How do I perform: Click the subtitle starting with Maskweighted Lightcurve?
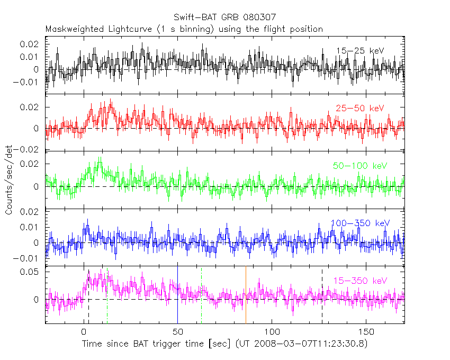[184, 29]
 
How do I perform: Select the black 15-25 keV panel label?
[360, 51]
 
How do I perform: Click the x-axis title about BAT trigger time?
[224, 344]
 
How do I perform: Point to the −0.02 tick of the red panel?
[30, 150]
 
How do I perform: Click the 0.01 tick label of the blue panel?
[32, 227]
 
